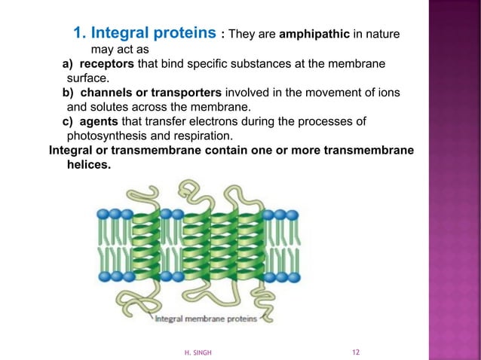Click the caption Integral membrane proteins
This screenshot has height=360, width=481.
pyautogui.click(x=206, y=319)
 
